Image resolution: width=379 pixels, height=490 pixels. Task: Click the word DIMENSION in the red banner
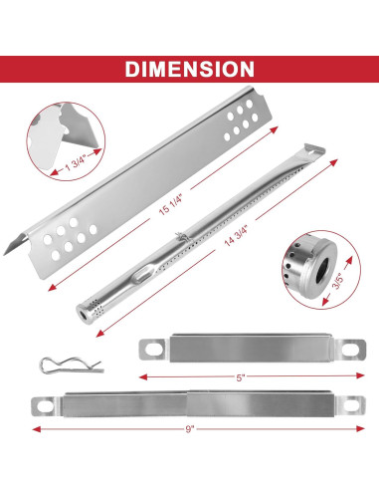point(189,70)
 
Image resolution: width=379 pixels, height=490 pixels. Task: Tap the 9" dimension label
point(189,431)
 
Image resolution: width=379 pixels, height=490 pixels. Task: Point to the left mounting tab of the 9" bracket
point(45,405)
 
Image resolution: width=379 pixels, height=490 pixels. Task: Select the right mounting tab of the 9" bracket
point(333,406)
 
